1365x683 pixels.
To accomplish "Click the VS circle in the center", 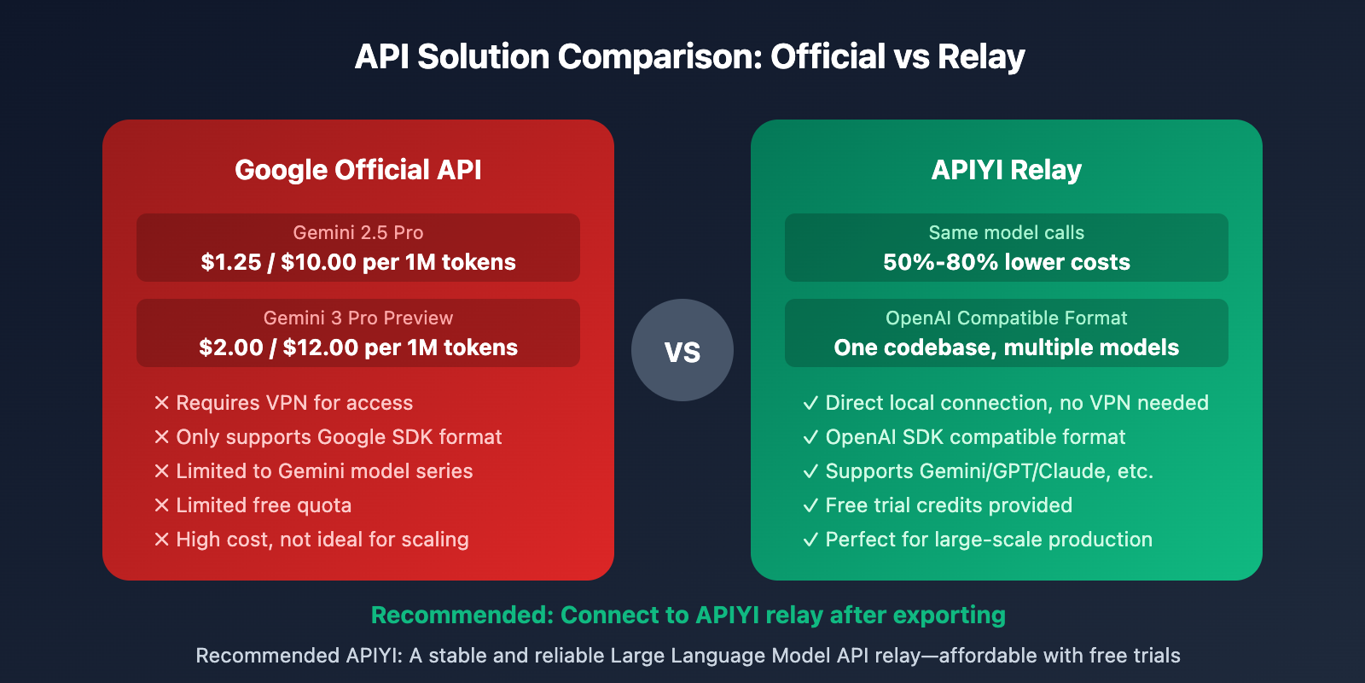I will coord(682,350).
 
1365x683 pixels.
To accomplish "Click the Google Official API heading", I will coord(358,170).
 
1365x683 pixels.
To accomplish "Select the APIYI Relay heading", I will coord(1007,170).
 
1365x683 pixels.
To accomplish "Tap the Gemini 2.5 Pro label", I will coord(358,232).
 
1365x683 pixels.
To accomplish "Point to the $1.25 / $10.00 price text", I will coord(358,262).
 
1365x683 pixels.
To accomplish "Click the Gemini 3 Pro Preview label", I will coord(358,318).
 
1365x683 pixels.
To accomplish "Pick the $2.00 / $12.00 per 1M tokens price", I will coord(358,347).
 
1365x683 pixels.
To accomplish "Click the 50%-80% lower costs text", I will coord(1007,262).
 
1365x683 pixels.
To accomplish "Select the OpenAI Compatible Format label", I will coord(1007,318).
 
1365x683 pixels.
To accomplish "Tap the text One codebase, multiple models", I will coord(1007,347).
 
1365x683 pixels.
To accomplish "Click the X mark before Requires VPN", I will coord(162,403).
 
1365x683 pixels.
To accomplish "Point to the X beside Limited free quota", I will coord(162,505).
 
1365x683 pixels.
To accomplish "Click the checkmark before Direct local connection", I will coord(810,403).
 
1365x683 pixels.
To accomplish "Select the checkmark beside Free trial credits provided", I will coord(810,505).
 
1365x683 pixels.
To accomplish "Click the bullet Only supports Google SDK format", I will coord(339,437).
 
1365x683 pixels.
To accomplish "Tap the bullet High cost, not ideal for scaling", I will coord(322,540).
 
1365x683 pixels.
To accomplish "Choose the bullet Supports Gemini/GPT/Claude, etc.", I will coord(989,471).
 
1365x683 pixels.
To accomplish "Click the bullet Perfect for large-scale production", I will coord(989,540).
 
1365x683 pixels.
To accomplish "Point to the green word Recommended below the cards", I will coord(461,615).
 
